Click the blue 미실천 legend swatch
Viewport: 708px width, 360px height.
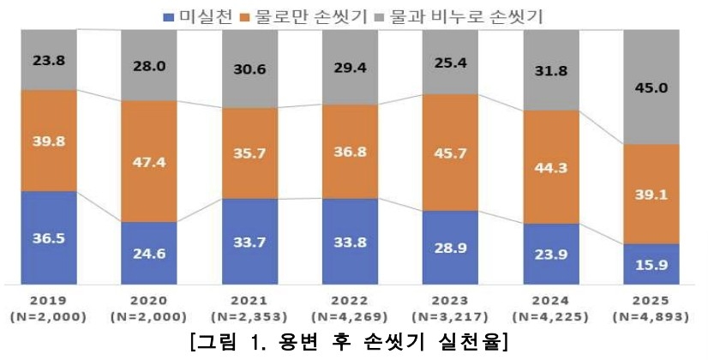pyautogui.click(x=168, y=15)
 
